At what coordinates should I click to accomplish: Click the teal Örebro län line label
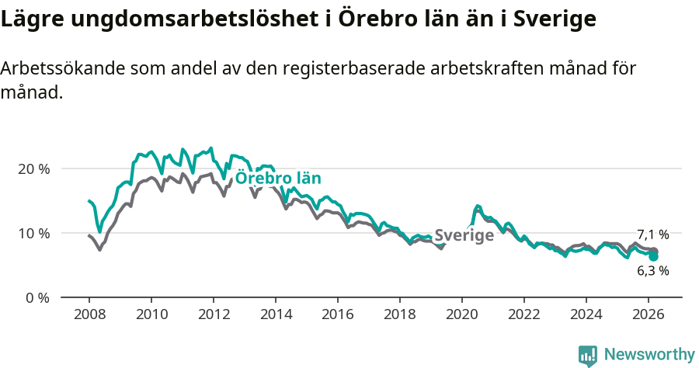click(x=277, y=178)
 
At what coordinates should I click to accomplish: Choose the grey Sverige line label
click(x=464, y=236)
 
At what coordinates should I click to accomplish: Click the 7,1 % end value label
click(x=652, y=234)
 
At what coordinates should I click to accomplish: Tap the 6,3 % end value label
click(x=652, y=271)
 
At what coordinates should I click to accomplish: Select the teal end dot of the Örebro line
click(x=654, y=256)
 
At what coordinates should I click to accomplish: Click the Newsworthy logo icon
click(x=588, y=356)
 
